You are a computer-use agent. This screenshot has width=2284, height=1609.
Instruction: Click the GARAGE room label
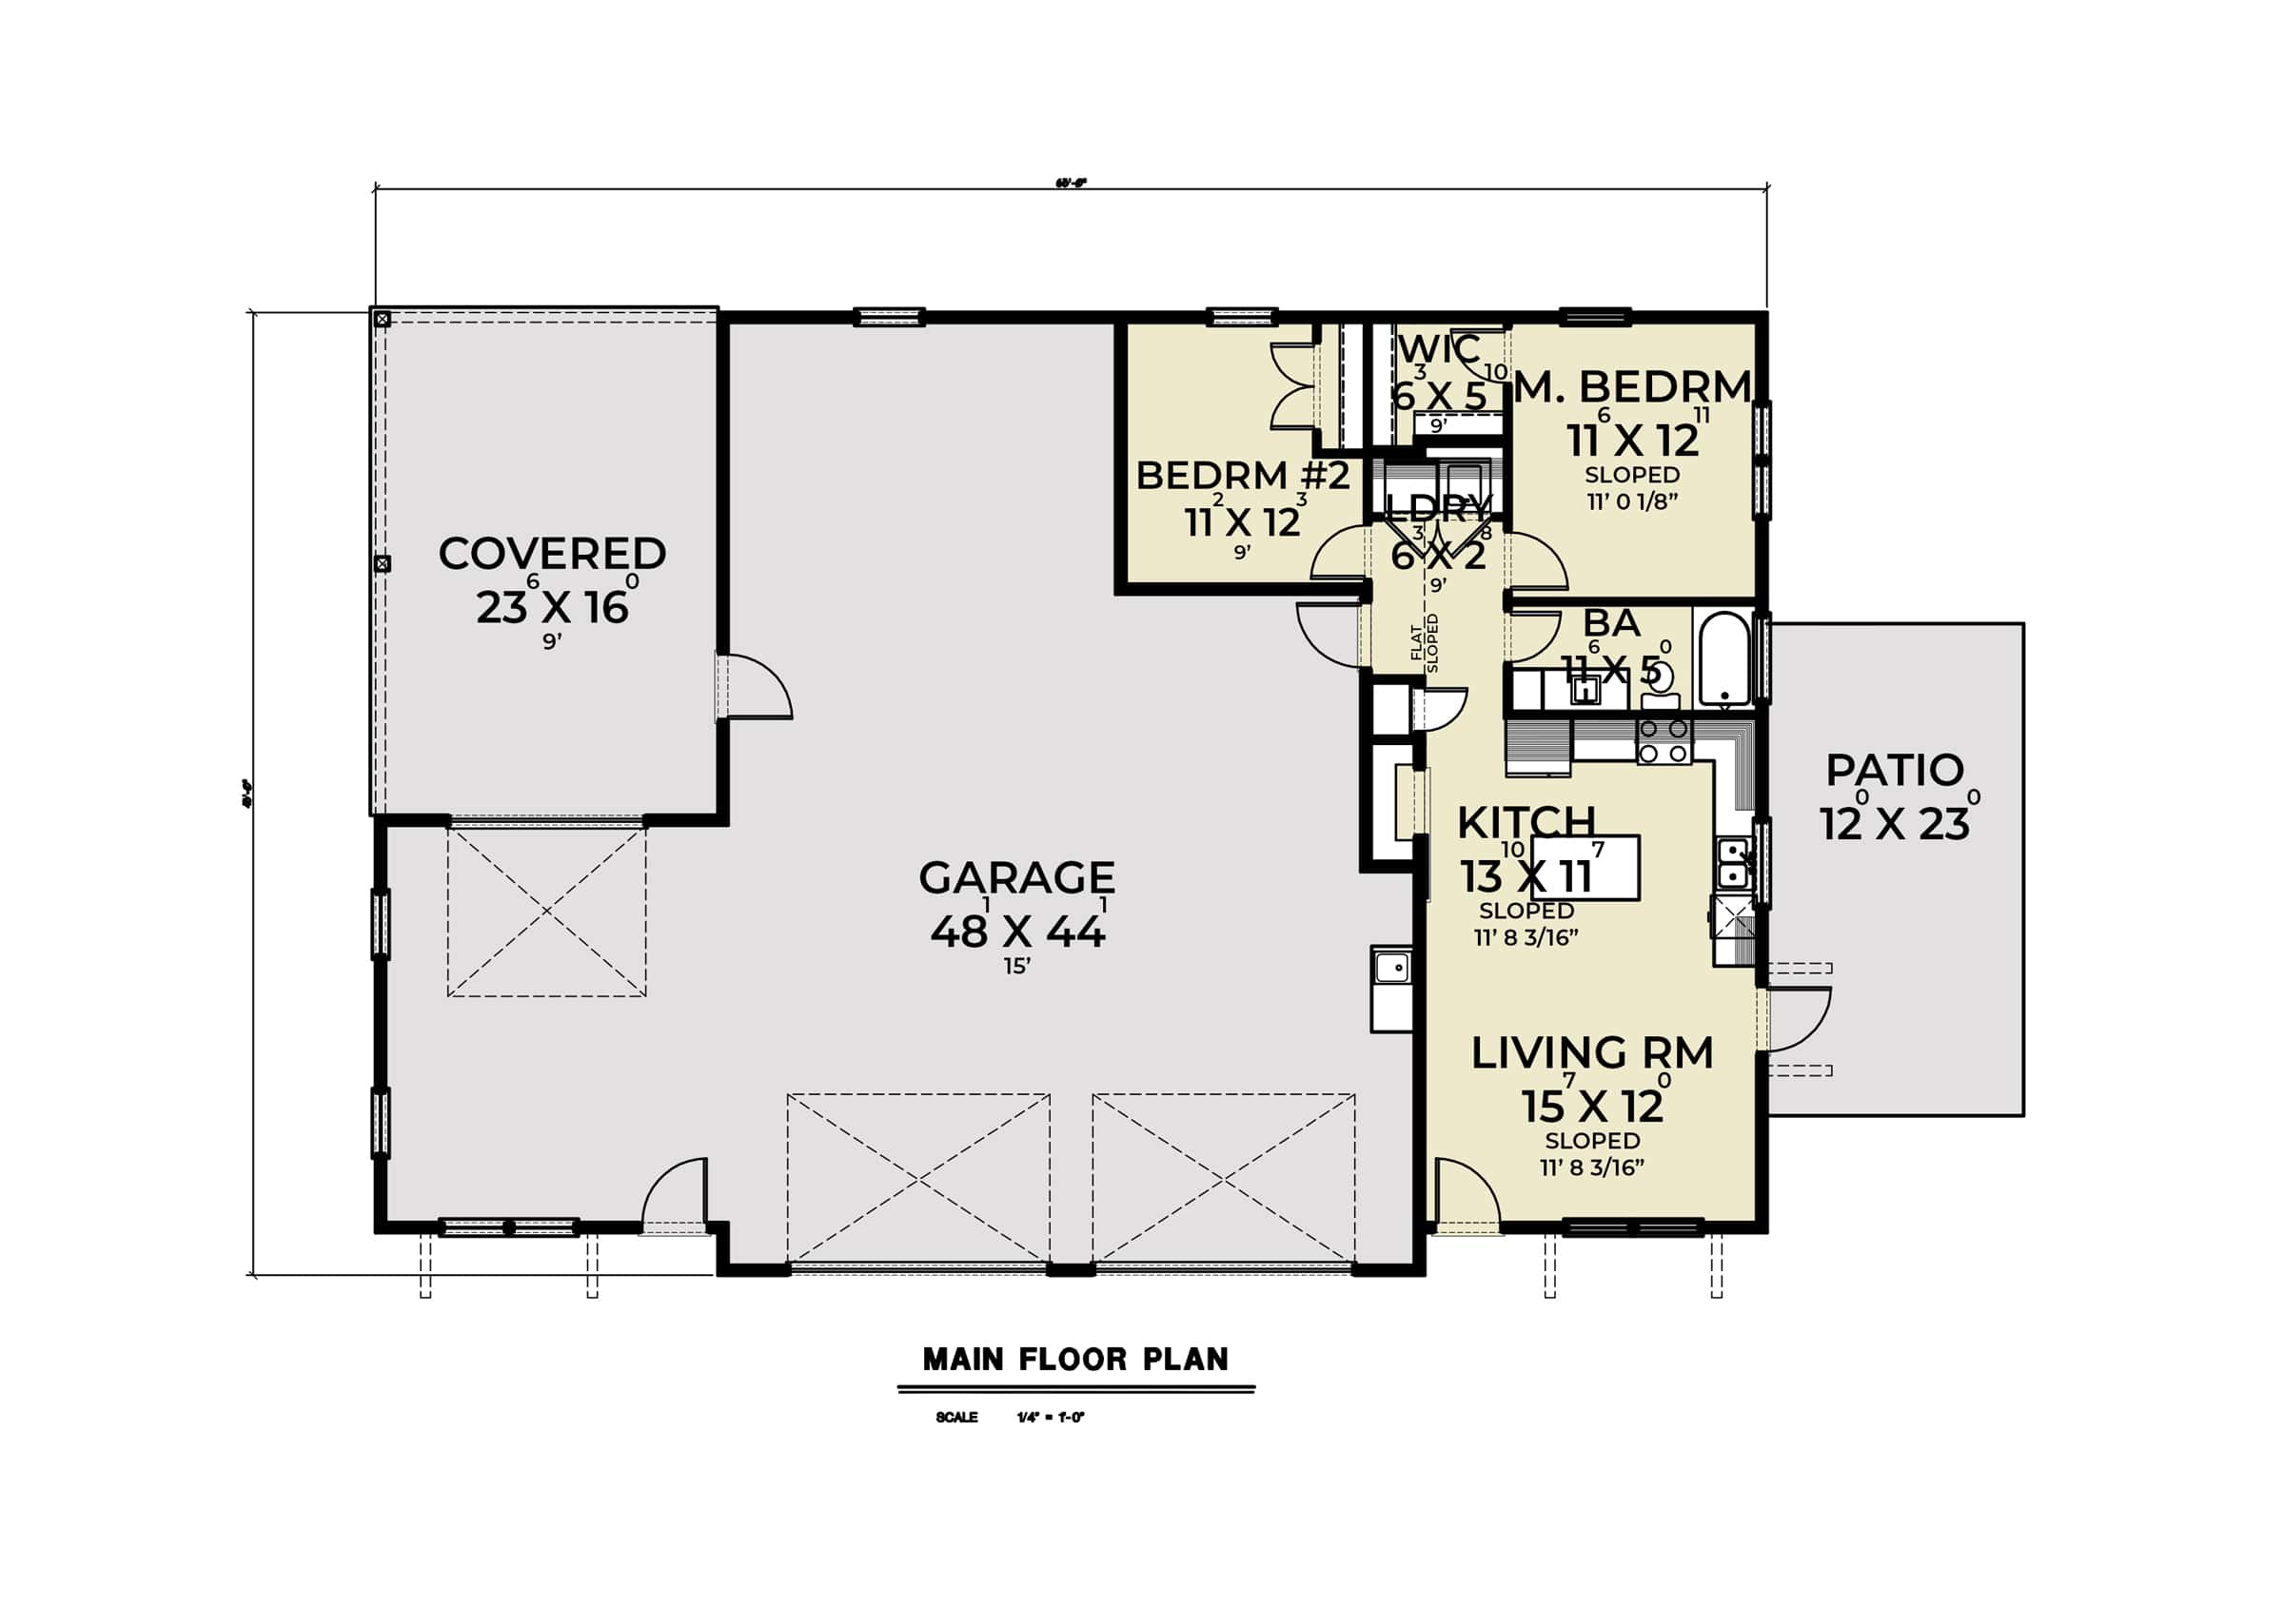click(x=1015, y=878)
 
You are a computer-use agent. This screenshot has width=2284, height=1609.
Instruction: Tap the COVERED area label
click(x=552, y=555)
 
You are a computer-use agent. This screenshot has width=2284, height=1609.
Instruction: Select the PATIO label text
click(x=1894, y=771)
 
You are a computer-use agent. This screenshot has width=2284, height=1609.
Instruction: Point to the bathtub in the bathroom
click(x=1723, y=658)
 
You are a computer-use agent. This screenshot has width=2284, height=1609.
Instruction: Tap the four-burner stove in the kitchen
click(x=1664, y=742)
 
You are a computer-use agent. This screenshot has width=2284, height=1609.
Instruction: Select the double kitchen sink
click(x=1732, y=863)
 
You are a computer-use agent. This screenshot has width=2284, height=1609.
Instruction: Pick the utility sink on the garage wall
click(x=1390, y=968)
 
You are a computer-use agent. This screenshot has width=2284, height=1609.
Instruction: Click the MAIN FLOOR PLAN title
click(x=1075, y=1360)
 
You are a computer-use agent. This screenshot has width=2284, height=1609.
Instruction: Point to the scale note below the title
click(x=1011, y=1417)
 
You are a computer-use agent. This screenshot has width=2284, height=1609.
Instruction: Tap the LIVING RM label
click(x=1591, y=1054)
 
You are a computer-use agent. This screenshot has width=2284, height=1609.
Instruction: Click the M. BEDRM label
click(x=1631, y=387)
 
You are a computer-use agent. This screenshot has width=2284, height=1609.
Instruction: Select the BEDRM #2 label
click(x=1243, y=477)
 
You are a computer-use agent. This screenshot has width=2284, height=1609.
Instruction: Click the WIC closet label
click(x=1438, y=350)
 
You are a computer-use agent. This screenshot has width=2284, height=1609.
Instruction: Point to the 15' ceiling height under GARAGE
click(x=1015, y=967)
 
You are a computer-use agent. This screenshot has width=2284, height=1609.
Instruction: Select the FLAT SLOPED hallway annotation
click(x=1424, y=643)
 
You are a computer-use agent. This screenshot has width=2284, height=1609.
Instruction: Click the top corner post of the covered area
click(x=382, y=319)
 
